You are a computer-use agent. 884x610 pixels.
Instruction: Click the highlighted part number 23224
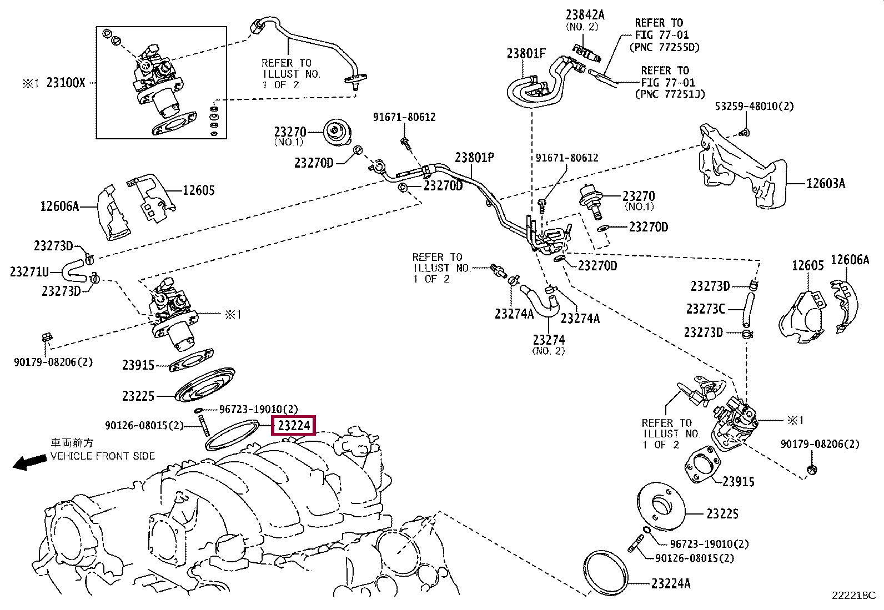[294, 425]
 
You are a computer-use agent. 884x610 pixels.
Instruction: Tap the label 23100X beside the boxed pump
[66, 83]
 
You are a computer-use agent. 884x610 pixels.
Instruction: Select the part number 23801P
[474, 158]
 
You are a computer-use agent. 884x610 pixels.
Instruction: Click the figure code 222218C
[853, 596]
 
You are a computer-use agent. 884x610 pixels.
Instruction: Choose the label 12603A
[826, 184]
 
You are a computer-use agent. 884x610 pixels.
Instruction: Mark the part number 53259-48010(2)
[754, 106]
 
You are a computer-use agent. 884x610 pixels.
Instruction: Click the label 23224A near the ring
[671, 583]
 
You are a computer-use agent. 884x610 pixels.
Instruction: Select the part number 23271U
[29, 272]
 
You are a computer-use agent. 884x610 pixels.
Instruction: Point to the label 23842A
[585, 15]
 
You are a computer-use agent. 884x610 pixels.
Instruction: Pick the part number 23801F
[526, 54]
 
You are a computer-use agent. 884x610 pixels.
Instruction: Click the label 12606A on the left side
[59, 206]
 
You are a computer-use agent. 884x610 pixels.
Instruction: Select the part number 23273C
[706, 309]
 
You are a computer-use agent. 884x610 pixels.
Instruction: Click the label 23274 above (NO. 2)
[549, 340]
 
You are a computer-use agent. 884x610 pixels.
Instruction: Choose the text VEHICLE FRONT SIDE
[103, 456]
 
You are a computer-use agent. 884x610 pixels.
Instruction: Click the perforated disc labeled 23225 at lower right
[661, 506]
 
